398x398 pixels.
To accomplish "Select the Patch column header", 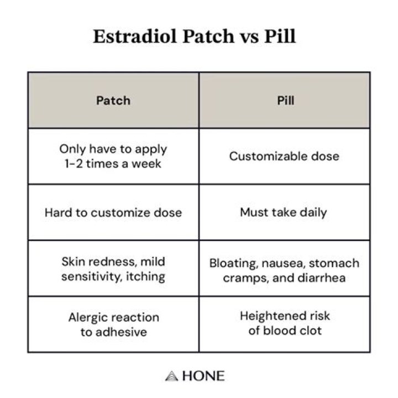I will pyautogui.click(x=113, y=101).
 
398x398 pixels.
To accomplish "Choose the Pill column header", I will pyautogui.click(x=284, y=101).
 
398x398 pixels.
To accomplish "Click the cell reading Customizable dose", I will pyautogui.click(x=284, y=156).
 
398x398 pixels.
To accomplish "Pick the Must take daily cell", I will pyautogui.click(x=284, y=212).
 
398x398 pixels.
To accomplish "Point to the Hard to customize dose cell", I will pyautogui.click(x=113, y=212).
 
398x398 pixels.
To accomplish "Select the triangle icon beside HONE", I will pyautogui.click(x=170, y=376).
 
